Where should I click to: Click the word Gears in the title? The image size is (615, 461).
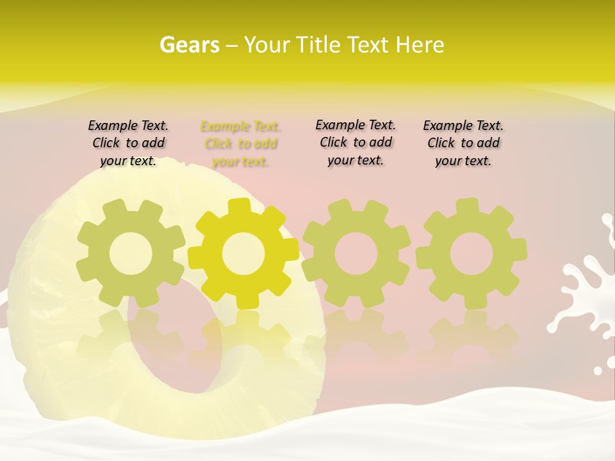point(190,45)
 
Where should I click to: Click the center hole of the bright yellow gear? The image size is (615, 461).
point(243,254)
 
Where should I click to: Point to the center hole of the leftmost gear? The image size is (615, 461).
point(131,254)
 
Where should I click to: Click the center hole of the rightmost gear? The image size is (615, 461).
point(471,254)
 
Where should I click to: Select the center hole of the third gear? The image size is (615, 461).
point(356,254)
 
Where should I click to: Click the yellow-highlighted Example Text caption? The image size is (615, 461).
point(240,143)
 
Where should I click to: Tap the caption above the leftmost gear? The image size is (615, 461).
point(128,143)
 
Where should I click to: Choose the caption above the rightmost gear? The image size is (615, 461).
point(463,143)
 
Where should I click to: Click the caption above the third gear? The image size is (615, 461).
point(356,142)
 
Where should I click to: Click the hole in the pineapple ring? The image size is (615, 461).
point(173,346)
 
